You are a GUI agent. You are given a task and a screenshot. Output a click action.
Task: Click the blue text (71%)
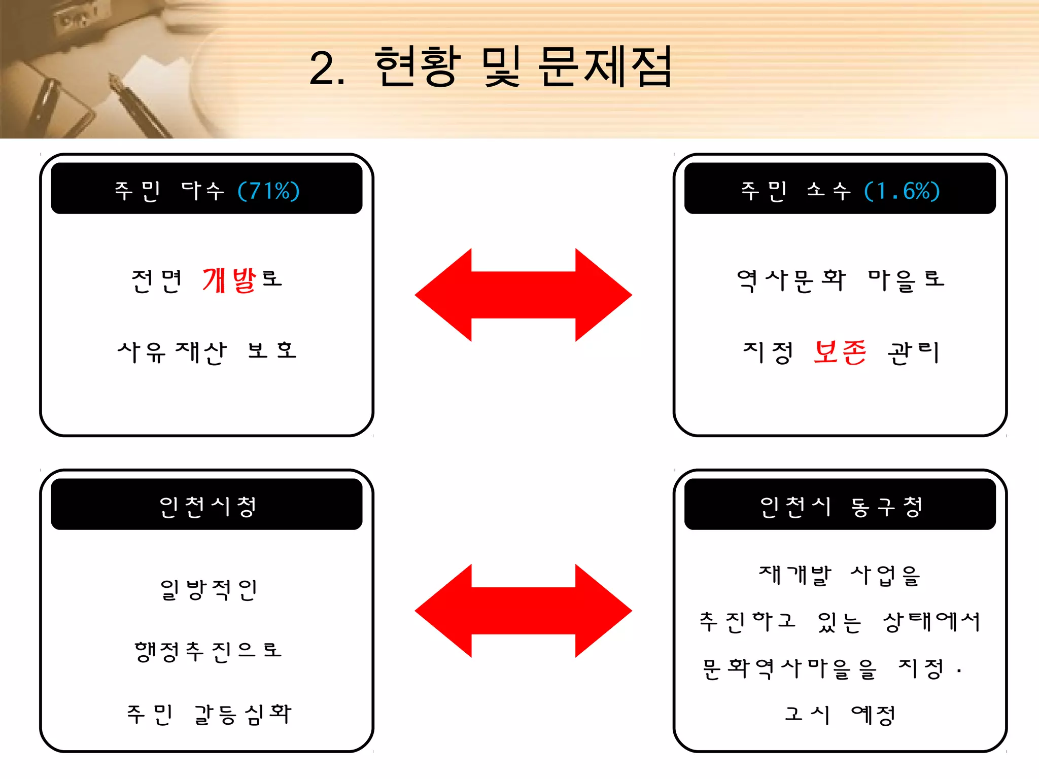[269, 191]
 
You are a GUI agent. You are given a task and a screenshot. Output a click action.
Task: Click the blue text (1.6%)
[902, 191]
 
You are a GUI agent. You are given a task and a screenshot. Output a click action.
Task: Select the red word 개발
[230, 280]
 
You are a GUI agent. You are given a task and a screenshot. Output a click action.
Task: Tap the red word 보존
[840, 352]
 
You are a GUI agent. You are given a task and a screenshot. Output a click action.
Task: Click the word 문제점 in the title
[605, 67]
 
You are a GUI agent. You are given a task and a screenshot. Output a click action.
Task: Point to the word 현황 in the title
[417, 67]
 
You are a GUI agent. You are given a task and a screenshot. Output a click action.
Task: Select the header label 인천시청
[207, 506]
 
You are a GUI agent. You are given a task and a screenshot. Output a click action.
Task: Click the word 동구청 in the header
[886, 506]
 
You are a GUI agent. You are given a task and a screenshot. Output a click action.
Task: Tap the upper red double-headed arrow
[523, 295]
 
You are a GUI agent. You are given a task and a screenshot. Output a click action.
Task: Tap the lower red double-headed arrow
[523, 611]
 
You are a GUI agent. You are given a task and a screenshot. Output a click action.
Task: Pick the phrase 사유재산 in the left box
[172, 352]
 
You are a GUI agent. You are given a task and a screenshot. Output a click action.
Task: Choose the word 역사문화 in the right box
[791, 280]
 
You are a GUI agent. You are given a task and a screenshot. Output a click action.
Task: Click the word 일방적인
[208, 589]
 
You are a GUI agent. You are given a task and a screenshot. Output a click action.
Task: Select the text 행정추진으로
[207, 651]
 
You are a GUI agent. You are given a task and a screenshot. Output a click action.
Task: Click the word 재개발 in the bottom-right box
[795, 575]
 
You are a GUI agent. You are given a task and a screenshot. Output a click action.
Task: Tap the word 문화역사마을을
[789, 668]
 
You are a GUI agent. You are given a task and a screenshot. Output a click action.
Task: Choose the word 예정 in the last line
[873, 715]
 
